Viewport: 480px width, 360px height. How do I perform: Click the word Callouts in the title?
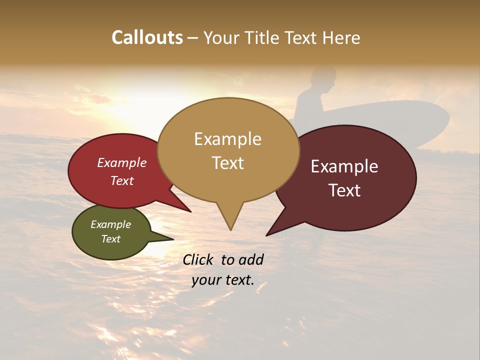[x=147, y=37]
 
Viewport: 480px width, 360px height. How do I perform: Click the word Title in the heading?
[x=264, y=37]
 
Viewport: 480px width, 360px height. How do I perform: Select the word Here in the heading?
[x=342, y=37]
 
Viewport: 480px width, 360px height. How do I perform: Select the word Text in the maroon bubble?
[x=344, y=190]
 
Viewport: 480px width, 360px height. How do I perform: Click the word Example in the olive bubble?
[x=110, y=224]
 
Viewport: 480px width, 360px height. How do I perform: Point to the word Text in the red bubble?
[x=122, y=180]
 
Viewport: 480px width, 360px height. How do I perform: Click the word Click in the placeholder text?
[x=198, y=259]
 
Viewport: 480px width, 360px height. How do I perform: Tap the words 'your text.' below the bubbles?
[x=222, y=280]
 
